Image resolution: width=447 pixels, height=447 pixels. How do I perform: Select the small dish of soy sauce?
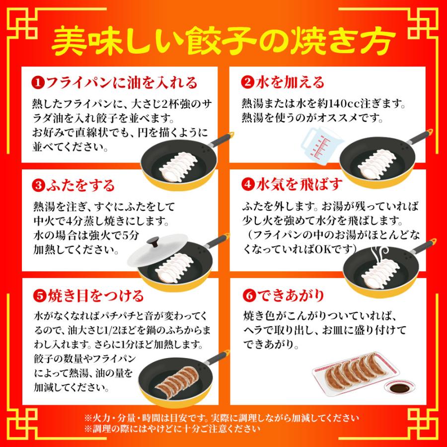[x=398, y=387]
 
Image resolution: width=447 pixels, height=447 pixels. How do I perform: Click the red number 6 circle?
[x=248, y=297]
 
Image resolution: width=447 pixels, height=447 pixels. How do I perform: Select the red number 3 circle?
[x=38, y=186]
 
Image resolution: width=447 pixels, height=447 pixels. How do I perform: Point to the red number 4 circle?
[x=248, y=185]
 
